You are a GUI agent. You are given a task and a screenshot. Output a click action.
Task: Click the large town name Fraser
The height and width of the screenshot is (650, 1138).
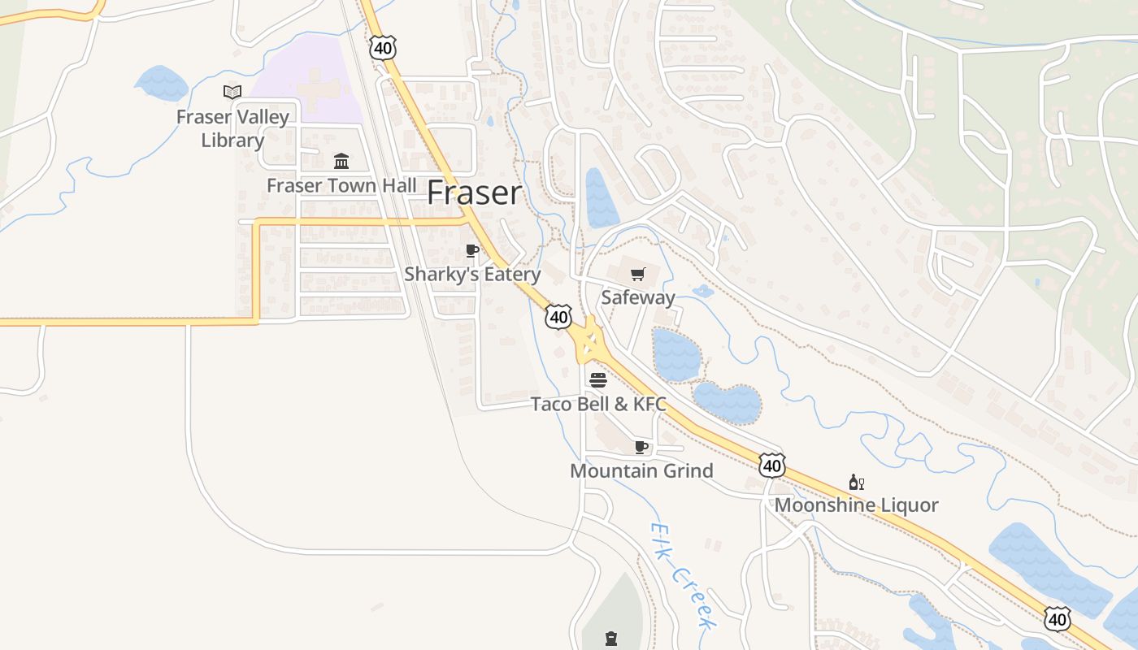[475, 193]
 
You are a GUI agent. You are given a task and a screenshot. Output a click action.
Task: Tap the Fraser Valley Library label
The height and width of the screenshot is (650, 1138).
[232, 128]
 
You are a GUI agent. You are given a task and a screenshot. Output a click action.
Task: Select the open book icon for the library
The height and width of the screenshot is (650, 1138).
[232, 92]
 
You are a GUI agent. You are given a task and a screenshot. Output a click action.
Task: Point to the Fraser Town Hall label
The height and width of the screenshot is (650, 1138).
[341, 185]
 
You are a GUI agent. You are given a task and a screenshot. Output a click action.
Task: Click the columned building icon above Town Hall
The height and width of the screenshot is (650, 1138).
[341, 161]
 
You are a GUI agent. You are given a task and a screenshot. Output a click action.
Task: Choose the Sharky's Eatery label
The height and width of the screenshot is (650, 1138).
[472, 274]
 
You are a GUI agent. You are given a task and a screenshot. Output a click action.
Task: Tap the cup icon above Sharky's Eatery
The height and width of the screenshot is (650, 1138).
[472, 250]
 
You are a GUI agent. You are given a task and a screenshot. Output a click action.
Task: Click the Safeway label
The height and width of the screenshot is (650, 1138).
[638, 297]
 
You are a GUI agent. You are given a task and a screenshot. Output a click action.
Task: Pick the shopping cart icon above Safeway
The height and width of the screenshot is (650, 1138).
[638, 274]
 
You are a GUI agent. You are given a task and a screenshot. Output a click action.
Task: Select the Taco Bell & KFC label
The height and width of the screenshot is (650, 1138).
[598, 404]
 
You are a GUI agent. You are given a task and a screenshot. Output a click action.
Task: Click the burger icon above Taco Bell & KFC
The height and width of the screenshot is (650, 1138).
[598, 379]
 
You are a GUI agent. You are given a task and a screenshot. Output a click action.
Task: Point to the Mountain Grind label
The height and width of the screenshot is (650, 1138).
[641, 470]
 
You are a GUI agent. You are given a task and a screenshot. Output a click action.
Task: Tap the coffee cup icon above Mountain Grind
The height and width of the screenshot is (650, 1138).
[641, 447]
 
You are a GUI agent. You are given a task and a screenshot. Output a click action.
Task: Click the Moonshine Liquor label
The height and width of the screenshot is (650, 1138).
[856, 505]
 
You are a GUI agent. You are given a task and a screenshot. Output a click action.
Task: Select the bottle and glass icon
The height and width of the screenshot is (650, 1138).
[856, 482]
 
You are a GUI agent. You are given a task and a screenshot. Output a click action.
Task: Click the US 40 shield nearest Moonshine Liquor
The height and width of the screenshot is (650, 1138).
[772, 466]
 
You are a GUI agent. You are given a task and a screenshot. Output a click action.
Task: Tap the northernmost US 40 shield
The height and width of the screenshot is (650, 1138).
[382, 48]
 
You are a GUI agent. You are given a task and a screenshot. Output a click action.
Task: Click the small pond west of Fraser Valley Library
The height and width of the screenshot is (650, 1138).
[163, 83]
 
